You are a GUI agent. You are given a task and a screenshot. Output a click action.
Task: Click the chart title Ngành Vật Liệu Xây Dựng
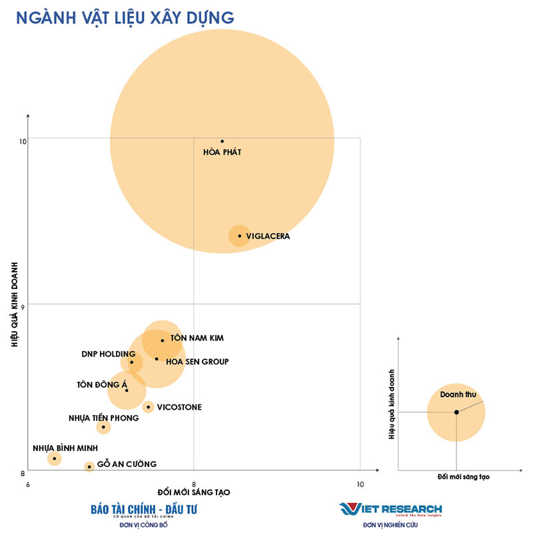coord(125,17)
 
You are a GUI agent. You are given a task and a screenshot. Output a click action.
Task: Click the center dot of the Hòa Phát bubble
coord(222,141)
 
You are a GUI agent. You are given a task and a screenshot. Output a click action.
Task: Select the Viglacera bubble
coord(240,236)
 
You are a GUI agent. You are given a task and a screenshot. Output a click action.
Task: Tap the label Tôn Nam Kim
coord(197,338)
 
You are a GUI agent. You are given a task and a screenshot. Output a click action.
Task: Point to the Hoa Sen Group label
coord(197,362)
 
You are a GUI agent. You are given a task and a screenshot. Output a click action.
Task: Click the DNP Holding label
coord(109,354)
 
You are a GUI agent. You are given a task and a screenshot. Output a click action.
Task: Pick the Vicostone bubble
coord(148,407)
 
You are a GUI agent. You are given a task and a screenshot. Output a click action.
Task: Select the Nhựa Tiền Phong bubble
coord(103,426)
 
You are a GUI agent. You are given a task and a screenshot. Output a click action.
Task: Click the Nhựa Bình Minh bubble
coord(54,458)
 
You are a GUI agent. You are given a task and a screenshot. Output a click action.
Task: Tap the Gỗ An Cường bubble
coord(89,466)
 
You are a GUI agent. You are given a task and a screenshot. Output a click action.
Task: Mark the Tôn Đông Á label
coord(101,384)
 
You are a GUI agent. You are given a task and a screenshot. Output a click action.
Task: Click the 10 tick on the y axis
coord(23,141)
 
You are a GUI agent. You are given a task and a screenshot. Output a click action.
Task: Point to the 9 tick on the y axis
coord(23,306)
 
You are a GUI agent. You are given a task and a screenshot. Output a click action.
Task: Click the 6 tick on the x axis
coord(28,484)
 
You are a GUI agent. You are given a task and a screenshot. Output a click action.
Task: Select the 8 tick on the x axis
coord(194,484)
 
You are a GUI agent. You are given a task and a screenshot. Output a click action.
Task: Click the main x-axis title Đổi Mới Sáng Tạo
coord(194,492)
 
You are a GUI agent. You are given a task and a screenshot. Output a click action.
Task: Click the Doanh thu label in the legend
coord(458,395)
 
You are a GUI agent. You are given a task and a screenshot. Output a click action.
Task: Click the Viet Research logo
coord(390,510)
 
